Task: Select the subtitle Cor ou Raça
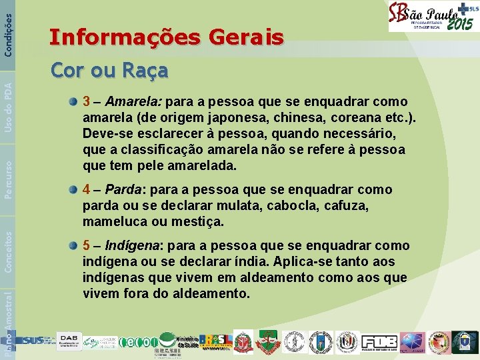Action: pos(109,70)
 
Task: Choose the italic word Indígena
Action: pos(128,246)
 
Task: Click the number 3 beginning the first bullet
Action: pos(87,102)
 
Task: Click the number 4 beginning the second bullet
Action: pos(87,190)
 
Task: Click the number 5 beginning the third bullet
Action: pos(87,246)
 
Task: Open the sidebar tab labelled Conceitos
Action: pos(8,250)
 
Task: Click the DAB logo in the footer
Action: pos(68,340)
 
